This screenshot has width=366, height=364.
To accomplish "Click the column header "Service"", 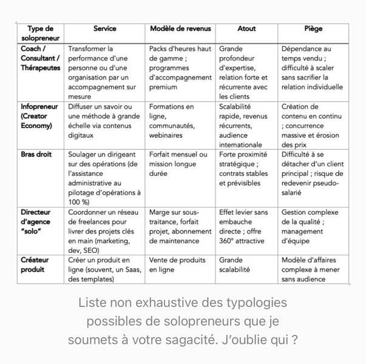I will pyautogui.click(x=104, y=29).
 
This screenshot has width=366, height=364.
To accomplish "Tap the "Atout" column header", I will pyautogui.click(x=246, y=29).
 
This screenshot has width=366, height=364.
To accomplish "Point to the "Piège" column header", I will pyautogui.click(x=313, y=29).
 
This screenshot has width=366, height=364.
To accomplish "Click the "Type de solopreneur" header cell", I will pyautogui.click(x=40, y=33).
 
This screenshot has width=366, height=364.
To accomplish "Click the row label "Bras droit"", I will pyautogui.click(x=36, y=155).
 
